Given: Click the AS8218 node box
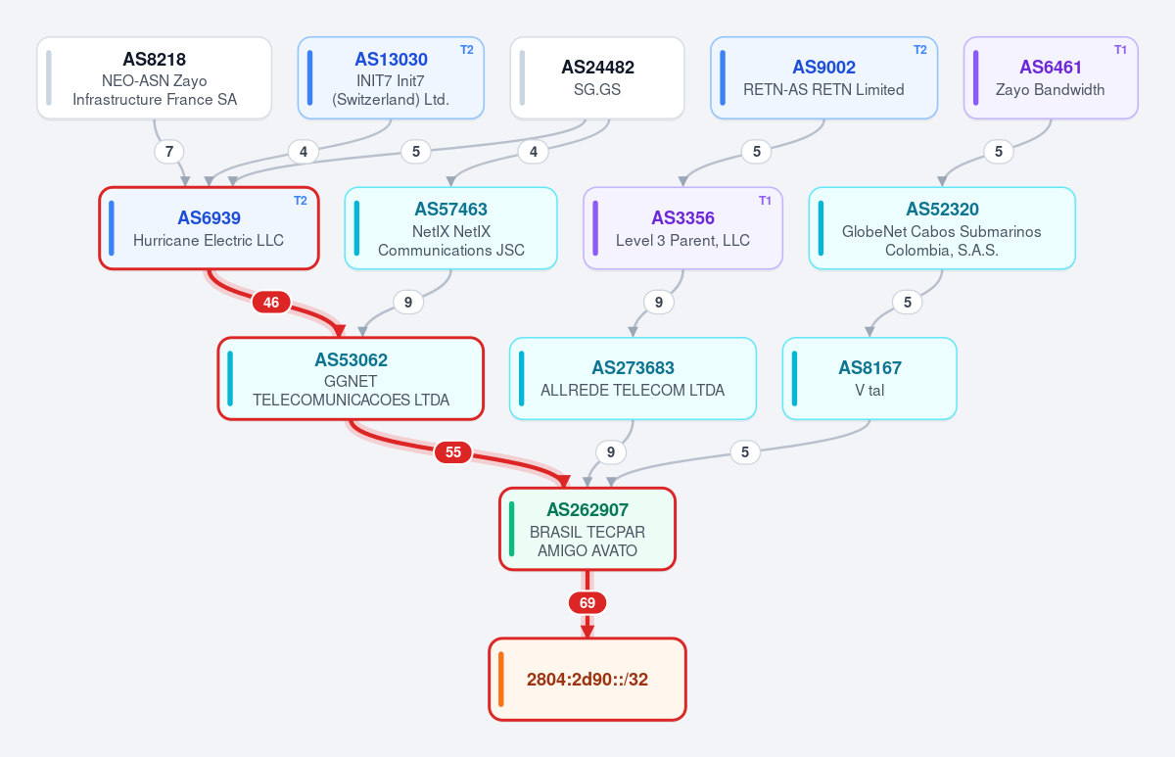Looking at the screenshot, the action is [155, 77].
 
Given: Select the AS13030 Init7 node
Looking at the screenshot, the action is [391, 77].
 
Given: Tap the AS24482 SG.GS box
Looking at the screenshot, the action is [597, 77].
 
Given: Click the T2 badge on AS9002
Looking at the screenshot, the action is [920, 50].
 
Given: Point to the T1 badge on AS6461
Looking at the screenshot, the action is [1120, 50].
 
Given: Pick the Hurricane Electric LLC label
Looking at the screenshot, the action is [209, 240].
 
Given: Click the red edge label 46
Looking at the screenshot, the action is [271, 303].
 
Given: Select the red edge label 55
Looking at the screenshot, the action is [453, 452].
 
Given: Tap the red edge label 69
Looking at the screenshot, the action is [587, 603].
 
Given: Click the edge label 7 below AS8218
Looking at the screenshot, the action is [168, 152].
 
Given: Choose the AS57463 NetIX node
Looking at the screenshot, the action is [451, 228].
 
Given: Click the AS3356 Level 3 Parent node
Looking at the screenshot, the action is [683, 228].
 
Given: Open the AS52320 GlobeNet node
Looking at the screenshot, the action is [942, 228].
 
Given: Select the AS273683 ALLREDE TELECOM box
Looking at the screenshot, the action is [634, 378].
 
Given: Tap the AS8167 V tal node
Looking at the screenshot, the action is [869, 378].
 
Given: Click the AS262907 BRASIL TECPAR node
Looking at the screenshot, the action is [587, 529].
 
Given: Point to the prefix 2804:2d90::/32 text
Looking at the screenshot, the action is [587, 680].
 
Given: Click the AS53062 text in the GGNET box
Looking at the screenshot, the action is [351, 359].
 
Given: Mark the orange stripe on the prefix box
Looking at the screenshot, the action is [501, 680].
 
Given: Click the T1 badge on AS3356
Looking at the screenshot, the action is [765, 201].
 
